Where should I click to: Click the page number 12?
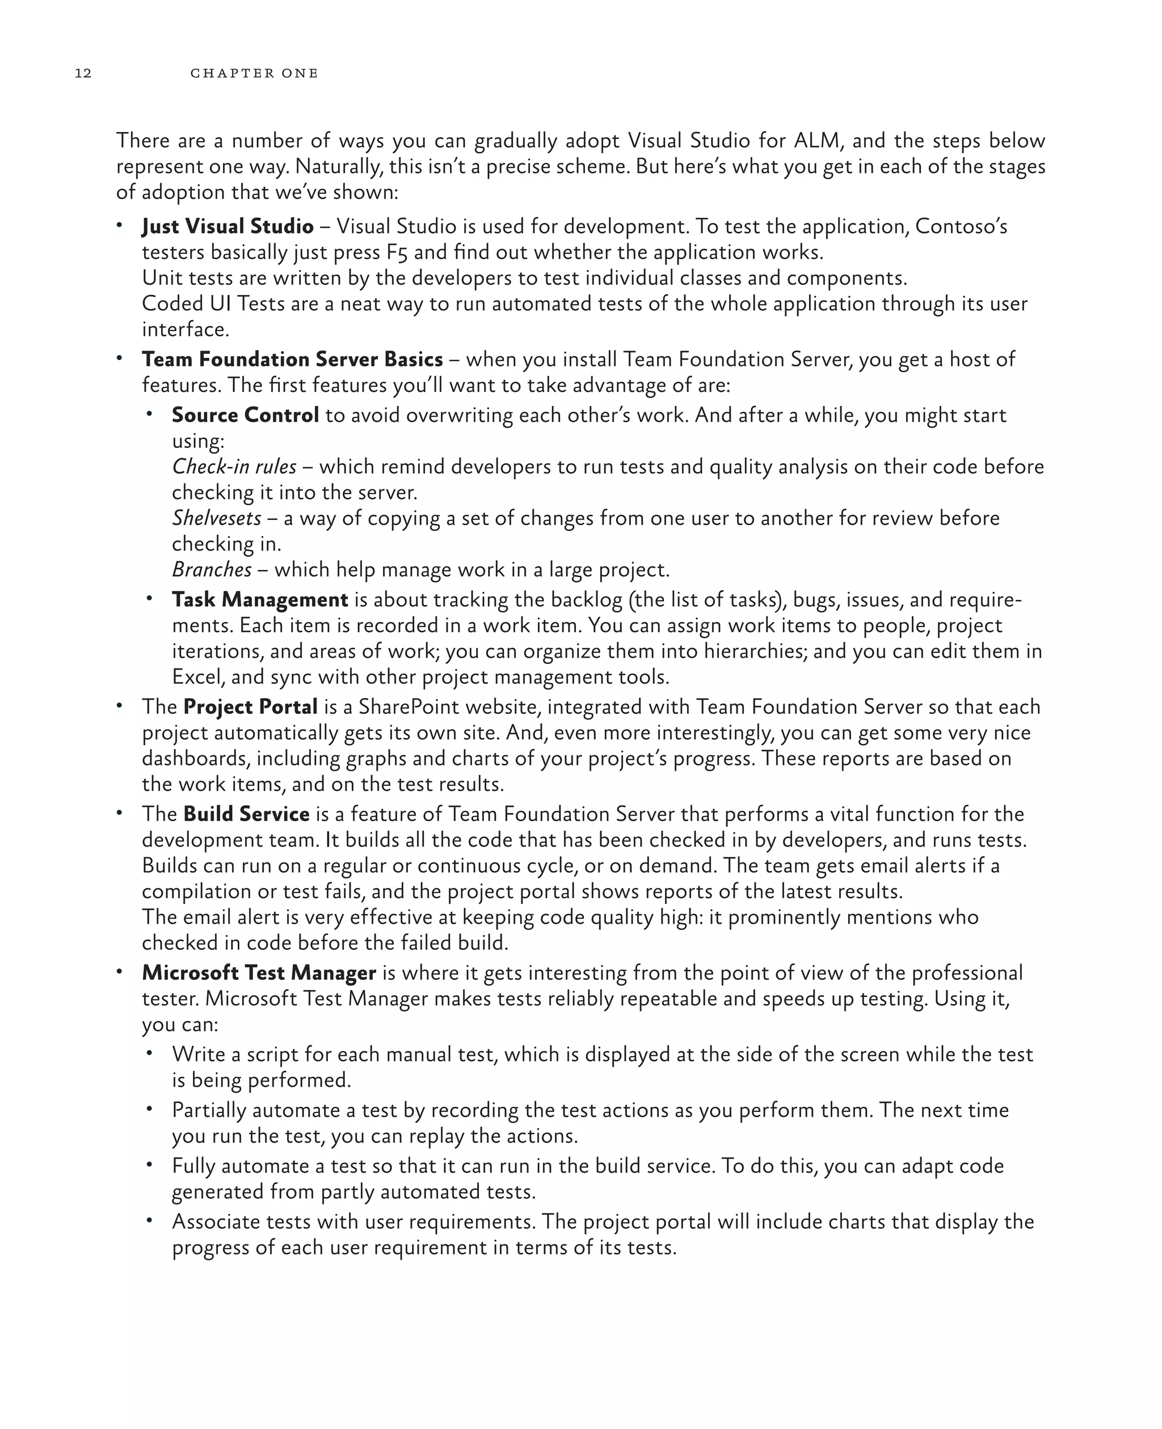click(83, 73)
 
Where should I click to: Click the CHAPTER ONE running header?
click(254, 73)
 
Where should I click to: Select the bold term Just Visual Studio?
click(228, 226)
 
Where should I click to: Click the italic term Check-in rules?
click(234, 466)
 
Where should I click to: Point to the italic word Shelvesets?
click(216, 518)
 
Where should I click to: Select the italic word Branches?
click(212, 569)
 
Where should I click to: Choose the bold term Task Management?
click(260, 599)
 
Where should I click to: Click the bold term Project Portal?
click(250, 707)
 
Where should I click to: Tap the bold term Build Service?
click(246, 814)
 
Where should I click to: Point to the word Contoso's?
click(961, 226)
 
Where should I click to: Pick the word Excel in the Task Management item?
click(198, 677)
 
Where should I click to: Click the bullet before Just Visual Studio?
click(120, 226)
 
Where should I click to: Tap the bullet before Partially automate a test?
click(150, 1109)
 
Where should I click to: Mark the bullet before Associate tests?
click(150, 1221)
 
